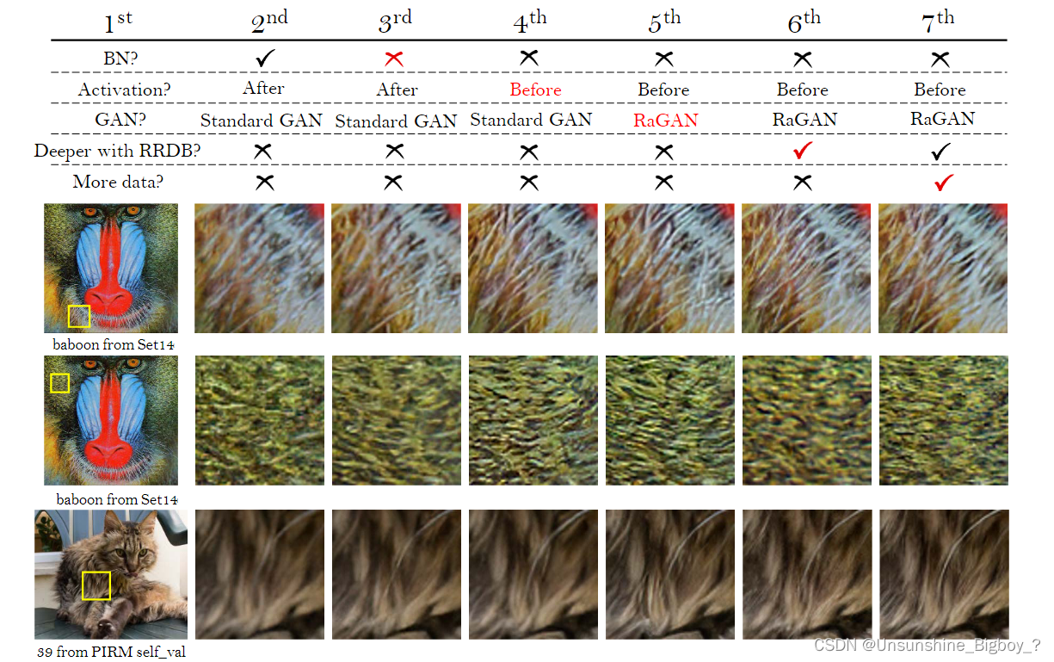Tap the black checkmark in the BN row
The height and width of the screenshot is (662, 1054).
[x=264, y=59]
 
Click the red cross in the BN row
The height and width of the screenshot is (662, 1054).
[x=395, y=59]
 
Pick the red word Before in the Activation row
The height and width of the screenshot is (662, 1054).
[x=535, y=90]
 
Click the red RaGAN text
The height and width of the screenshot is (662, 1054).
[x=666, y=121]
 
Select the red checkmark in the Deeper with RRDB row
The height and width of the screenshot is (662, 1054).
[x=803, y=151]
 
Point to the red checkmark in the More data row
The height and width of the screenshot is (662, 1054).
[x=943, y=182]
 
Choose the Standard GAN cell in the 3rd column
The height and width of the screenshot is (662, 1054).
[x=396, y=121]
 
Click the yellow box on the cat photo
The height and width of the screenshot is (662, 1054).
[x=96, y=585]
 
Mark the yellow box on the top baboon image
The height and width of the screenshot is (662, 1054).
[x=79, y=316]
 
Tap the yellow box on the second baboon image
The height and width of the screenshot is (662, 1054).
[x=59, y=382]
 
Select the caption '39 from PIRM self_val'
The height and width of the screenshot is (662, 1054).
[x=111, y=652]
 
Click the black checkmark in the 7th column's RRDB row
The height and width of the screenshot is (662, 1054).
[x=940, y=151]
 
